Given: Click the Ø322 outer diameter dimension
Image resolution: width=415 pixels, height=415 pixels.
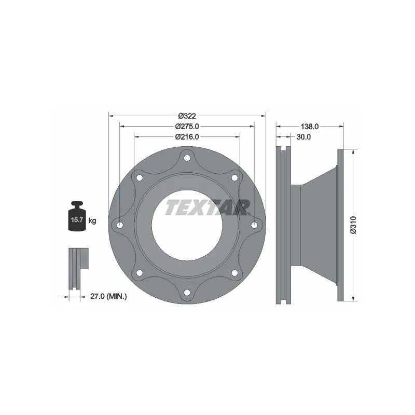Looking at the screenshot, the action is click(x=187, y=116).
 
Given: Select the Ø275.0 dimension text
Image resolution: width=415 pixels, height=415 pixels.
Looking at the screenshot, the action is click(x=187, y=127).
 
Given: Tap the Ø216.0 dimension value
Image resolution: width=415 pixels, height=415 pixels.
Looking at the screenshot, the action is click(x=187, y=137).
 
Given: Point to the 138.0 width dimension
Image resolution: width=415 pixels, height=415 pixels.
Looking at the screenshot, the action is click(x=309, y=127).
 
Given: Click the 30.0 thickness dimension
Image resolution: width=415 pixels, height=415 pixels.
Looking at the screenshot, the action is click(x=303, y=137).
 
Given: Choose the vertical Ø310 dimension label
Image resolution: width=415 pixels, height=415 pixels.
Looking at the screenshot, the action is click(x=354, y=225).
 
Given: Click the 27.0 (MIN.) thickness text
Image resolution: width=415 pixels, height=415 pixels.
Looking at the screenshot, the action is click(x=108, y=297).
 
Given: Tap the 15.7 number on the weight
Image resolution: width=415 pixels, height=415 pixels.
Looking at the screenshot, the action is click(x=77, y=219).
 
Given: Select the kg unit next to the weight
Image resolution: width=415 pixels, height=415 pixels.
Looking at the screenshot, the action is click(x=92, y=220).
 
